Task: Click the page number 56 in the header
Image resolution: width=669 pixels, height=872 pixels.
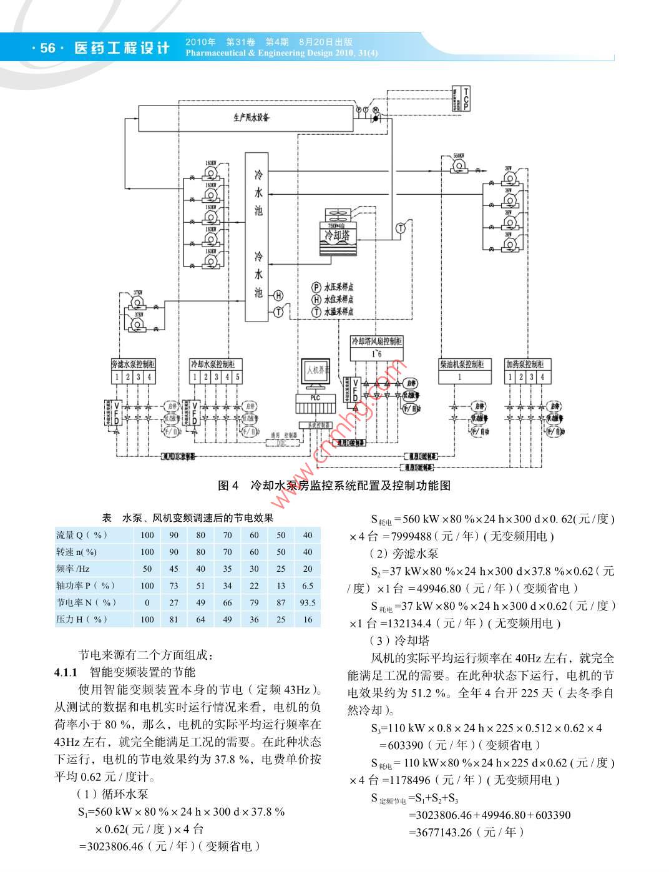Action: (x=47, y=48)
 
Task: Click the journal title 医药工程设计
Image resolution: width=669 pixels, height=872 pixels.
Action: (x=122, y=48)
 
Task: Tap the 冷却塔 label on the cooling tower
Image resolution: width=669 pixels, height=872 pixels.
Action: (x=337, y=235)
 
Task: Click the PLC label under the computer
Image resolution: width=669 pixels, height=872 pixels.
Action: (x=315, y=397)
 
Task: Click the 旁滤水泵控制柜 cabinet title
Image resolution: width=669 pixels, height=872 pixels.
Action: (x=133, y=364)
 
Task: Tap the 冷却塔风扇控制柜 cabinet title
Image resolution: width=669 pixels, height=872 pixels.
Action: (x=377, y=341)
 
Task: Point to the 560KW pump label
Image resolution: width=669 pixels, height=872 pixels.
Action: (x=459, y=155)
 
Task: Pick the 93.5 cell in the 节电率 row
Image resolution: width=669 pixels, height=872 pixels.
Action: (x=307, y=602)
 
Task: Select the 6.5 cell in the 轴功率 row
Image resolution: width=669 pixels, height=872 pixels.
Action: (x=307, y=585)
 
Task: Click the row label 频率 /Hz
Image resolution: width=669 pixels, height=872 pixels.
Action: (x=73, y=569)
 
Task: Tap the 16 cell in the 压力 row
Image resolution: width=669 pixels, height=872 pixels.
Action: (x=307, y=619)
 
